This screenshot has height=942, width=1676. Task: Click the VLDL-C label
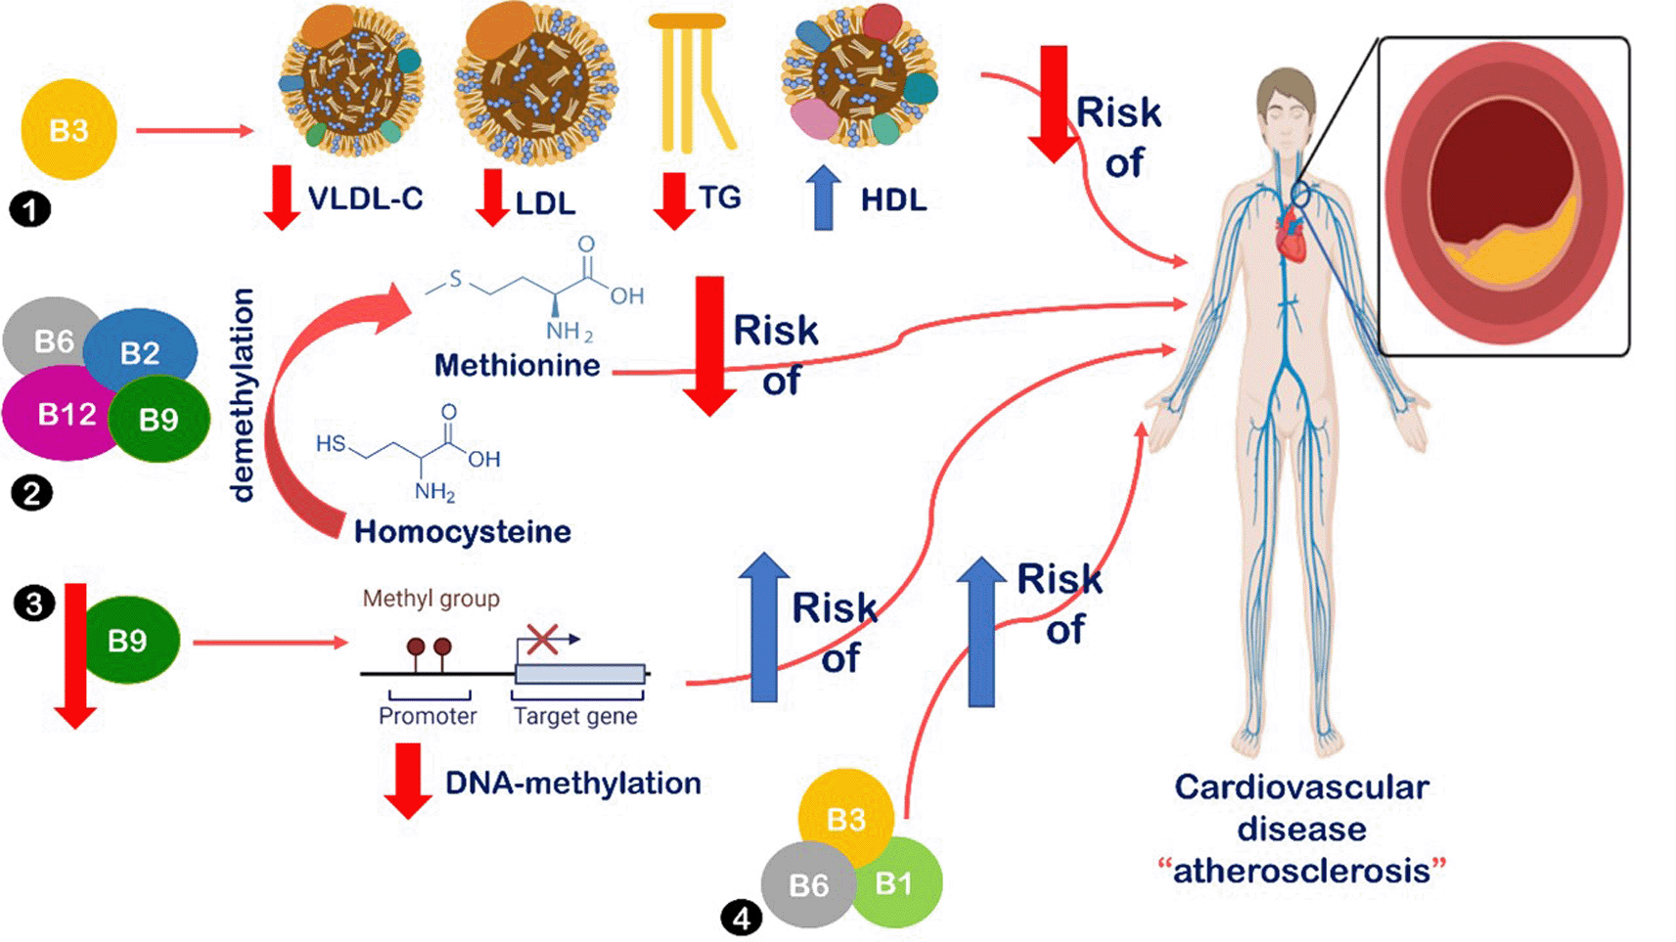[x=365, y=199]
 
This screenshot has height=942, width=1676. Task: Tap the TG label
[x=720, y=198]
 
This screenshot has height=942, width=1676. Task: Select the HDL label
[x=892, y=201]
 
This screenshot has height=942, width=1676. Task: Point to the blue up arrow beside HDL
[x=824, y=198]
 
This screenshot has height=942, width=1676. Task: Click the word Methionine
[x=517, y=366]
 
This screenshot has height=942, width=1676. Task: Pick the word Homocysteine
[x=462, y=531]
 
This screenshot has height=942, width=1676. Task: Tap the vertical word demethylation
[x=242, y=394]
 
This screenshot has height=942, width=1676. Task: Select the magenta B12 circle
[x=61, y=415]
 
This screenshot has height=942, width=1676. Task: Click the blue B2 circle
[x=140, y=351]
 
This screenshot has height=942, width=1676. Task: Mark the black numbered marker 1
[x=29, y=209]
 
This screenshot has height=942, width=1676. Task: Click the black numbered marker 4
[x=741, y=918]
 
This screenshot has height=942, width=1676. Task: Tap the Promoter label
[x=428, y=716]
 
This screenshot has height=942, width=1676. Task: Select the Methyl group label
[x=430, y=599]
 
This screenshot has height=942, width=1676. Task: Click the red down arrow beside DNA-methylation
[x=408, y=780]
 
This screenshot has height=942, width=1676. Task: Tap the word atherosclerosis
[x=1301, y=871]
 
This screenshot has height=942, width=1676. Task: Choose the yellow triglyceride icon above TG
[x=691, y=83]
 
